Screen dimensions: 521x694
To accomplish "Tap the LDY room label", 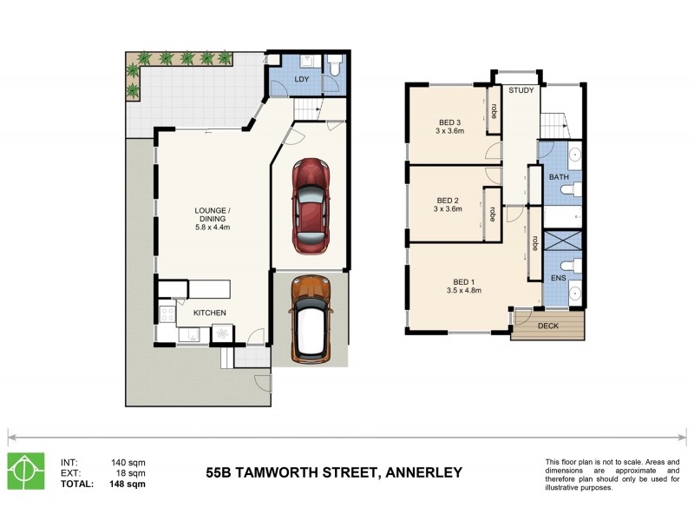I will coord(301,80).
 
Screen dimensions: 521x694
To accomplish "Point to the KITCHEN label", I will coord(210,313).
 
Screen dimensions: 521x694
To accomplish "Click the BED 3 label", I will coord(448,122).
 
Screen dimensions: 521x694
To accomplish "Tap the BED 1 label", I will coord(463,281).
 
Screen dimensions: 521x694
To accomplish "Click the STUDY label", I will coord(520,90).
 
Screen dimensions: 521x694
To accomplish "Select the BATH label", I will coord(559,177).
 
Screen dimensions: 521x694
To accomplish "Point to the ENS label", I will coord(559,279).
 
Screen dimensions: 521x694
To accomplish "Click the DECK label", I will coord(548,326).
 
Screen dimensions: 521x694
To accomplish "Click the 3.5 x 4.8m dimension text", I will coord(463,291).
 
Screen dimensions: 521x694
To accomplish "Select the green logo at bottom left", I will coord(25,472).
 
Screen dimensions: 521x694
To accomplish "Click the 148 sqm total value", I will coord(128,485).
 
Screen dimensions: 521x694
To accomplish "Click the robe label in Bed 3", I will coord(494,111).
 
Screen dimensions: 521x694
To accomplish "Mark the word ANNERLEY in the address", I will coord(419,473).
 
